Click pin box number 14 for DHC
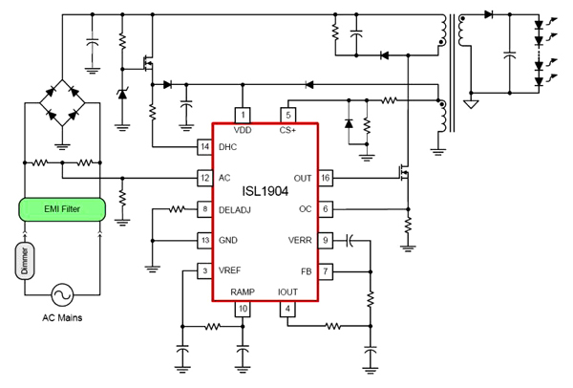pos(204,147)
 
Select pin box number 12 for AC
pos(204,178)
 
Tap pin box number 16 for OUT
pos(326,178)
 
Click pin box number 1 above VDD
pos(243,115)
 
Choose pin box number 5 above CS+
pos(288,115)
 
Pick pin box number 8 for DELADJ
pos(204,208)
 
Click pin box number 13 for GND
pos(204,239)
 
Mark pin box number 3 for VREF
pos(204,270)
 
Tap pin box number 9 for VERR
pos(326,239)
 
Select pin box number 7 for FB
pos(326,270)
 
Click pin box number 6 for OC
pos(326,208)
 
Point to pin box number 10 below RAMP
pos(243,309)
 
